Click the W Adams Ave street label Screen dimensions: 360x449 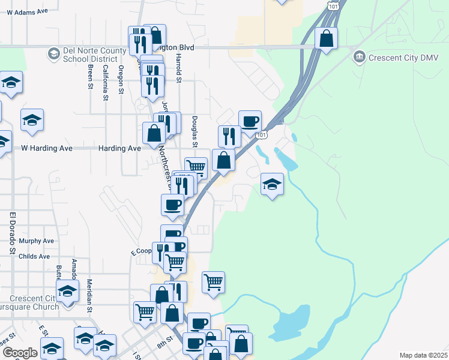[27, 11]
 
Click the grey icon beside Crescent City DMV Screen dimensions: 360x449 [360, 57]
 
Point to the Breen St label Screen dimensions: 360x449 [90, 77]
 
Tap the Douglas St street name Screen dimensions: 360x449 [194, 131]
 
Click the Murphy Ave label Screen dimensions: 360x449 [37, 241]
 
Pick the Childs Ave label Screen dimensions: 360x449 [34, 256]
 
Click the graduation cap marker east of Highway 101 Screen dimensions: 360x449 [272, 184]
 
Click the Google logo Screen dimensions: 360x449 [20, 353]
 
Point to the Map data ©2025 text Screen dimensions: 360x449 [423, 355]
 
